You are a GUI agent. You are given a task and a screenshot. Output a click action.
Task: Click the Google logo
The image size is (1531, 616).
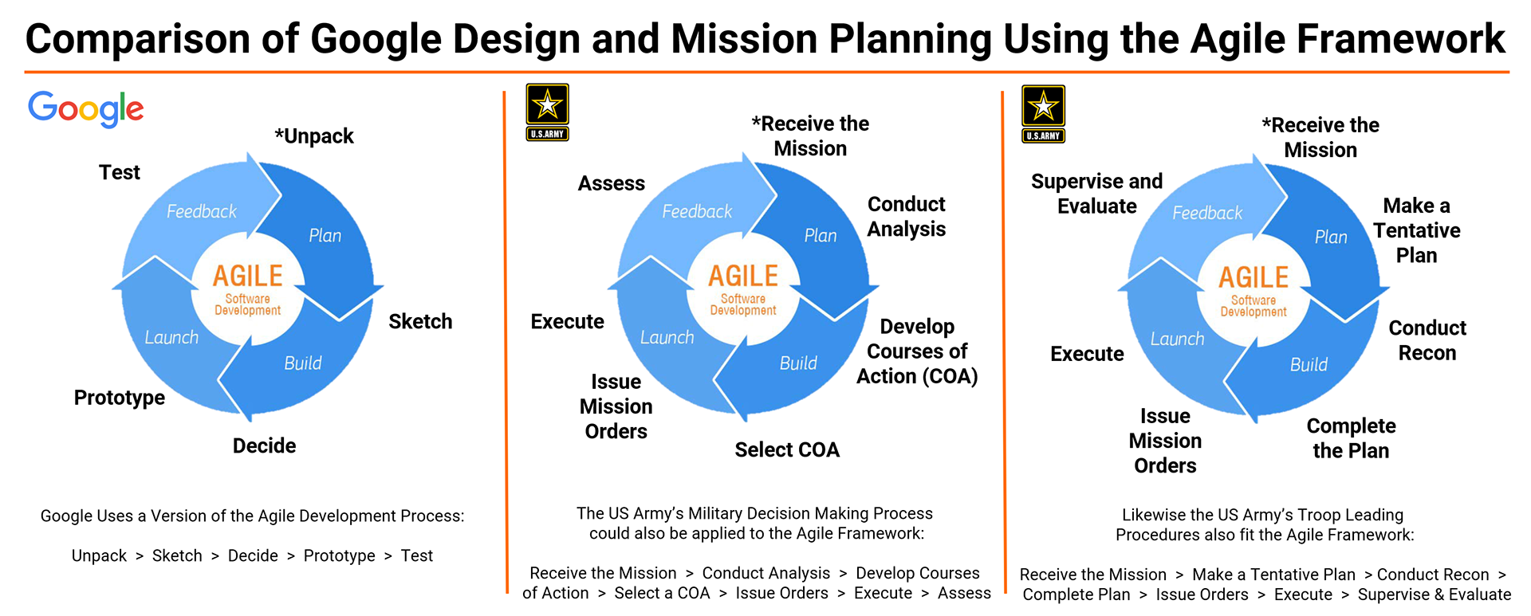click(x=86, y=108)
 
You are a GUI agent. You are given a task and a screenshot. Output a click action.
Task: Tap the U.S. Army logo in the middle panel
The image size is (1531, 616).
click(x=547, y=112)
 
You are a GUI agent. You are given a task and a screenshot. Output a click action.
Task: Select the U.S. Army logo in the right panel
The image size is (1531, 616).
click(x=1043, y=114)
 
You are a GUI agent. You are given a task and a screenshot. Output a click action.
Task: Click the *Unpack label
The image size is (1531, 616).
click(x=314, y=136)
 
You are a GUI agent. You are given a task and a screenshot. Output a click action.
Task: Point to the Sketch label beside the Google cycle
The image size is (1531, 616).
click(x=420, y=321)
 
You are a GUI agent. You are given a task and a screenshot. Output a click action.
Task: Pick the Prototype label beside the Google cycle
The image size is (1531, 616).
click(x=120, y=398)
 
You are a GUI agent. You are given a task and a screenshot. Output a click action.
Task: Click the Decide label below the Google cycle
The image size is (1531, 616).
click(x=264, y=445)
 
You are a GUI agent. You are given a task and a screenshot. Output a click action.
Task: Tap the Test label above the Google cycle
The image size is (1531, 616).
click(x=120, y=172)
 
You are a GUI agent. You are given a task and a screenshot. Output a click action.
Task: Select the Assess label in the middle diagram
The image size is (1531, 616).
click(x=612, y=183)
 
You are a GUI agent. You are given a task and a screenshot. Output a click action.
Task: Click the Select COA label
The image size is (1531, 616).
click(x=787, y=450)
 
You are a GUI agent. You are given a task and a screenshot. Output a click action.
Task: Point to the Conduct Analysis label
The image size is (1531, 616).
click(x=907, y=217)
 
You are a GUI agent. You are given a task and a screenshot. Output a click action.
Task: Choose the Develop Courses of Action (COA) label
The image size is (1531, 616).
click(x=917, y=351)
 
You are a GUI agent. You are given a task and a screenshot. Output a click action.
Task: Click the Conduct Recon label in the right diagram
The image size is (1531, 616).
click(x=1427, y=340)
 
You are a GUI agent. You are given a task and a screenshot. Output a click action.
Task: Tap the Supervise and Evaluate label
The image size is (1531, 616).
click(x=1097, y=194)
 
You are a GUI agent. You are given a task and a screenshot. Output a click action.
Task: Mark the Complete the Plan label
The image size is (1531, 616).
click(x=1351, y=438)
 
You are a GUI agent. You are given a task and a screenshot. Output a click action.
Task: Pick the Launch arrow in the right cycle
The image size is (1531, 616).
click(x=1172, y=339)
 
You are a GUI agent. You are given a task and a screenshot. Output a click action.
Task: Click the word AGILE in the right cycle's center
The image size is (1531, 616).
click(x=1254, y=277)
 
